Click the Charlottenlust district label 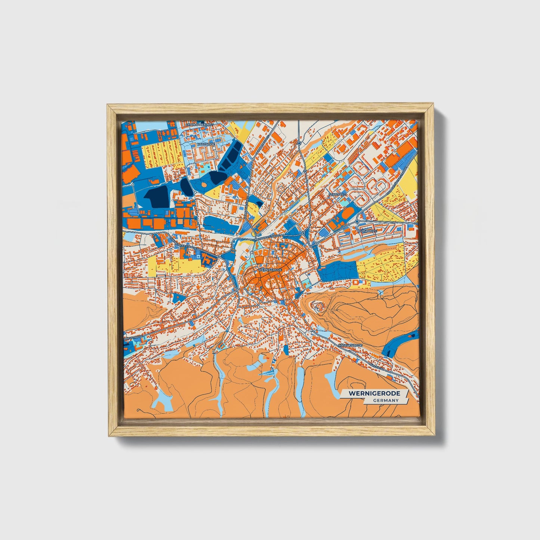pos(195,124)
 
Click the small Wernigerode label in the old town pos(269,269)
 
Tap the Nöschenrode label pos(350,345)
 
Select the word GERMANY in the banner pos(385,401)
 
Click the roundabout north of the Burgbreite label pos(357,222)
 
